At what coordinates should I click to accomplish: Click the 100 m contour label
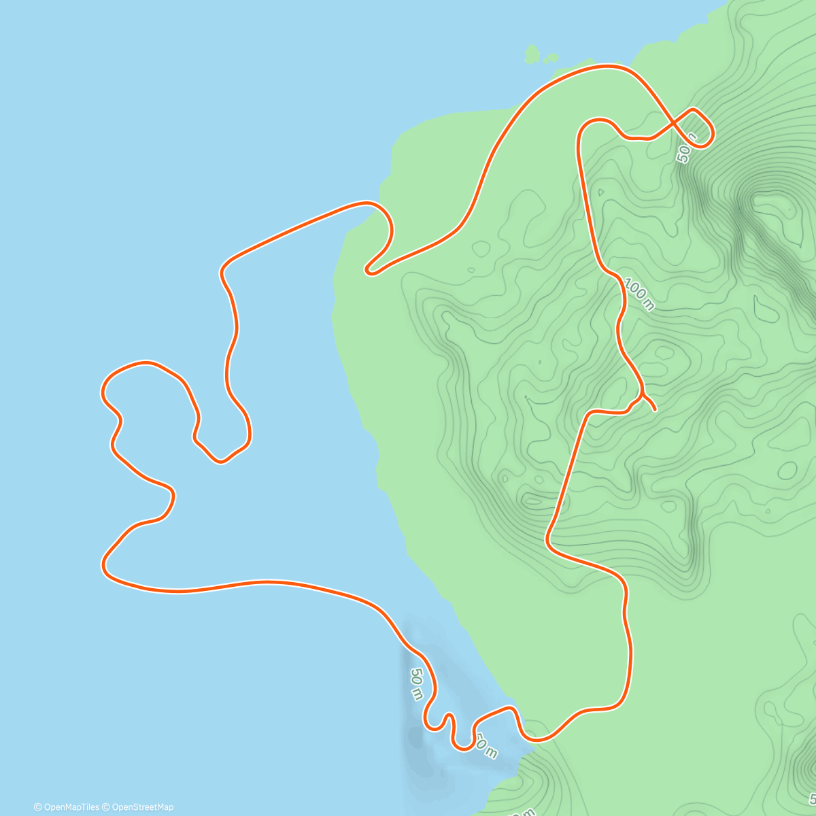click(x=639, y=294)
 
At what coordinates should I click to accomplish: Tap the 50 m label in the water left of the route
click(x=416, y=683)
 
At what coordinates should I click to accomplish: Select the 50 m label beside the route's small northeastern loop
click(x=687, y=148)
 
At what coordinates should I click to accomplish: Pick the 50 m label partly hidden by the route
click(x=486, y=747)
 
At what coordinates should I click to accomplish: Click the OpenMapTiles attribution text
click(x=67, y=807)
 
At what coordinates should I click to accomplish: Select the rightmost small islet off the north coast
click(x=552, y=58)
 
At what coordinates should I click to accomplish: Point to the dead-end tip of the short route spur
click(x=654, y=410)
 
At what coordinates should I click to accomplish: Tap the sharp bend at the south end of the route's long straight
click(x=548, y=541)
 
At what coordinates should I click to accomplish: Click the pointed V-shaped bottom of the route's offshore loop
click(x=220, y=462)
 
